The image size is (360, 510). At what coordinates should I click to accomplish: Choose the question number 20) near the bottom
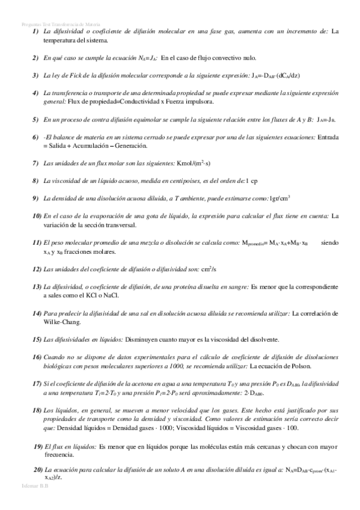[x=36, y=469]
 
